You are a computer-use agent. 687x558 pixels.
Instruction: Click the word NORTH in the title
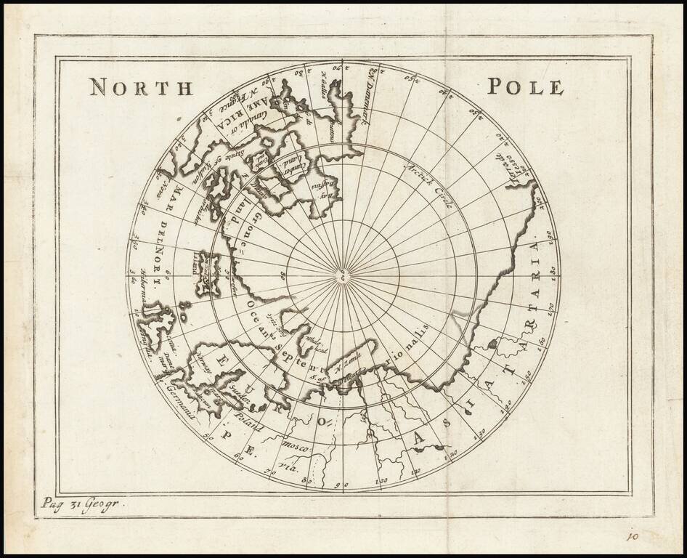coord(141,88)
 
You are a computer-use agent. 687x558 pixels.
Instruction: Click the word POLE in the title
coord(525,87)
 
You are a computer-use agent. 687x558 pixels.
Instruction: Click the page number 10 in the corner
coord(632,537)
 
